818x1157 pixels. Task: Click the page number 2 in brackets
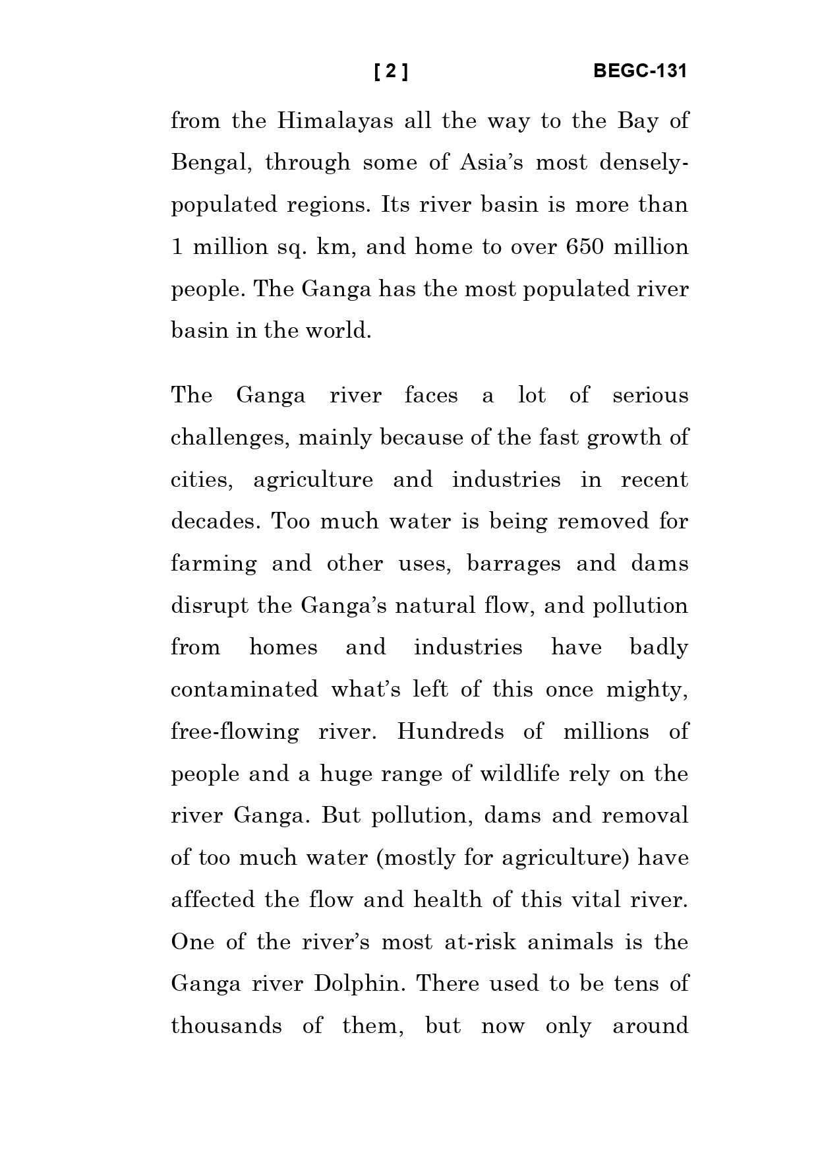[391, 71]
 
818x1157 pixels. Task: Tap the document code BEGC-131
[639, 71]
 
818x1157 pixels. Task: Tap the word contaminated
[244, 690]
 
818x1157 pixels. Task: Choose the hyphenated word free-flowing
[235, 732]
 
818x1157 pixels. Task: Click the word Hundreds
[450, 732]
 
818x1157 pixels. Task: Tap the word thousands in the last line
[226, 1026]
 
